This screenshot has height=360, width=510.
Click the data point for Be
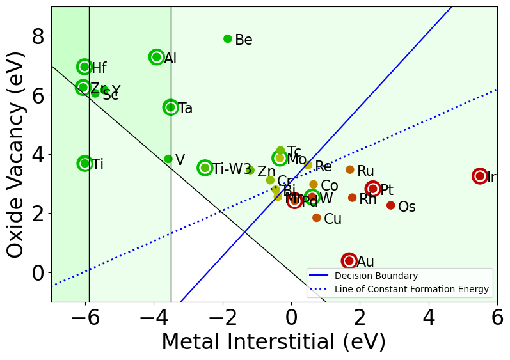click(227, 39)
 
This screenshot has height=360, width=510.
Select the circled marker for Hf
click(84, 67)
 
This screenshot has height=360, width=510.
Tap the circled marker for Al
click(156, 57)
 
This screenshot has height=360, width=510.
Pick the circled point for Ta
click(170, 107)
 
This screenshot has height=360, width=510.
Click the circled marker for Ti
click(84, 164)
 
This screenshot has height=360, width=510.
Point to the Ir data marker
click(480, 176)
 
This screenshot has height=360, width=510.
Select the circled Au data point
click(349, 261)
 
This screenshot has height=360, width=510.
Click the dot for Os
click(390, 205)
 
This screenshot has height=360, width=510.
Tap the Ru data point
click(349, 169)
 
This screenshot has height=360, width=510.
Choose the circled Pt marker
click(373, 189)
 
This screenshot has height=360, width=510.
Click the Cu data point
click(316, 218)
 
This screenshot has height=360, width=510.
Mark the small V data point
click(168, 159)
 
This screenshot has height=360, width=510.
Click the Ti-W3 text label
click(232, 169)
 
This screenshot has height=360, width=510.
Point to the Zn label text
click(266, 172)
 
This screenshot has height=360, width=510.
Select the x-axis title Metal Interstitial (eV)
click(273, 342)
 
